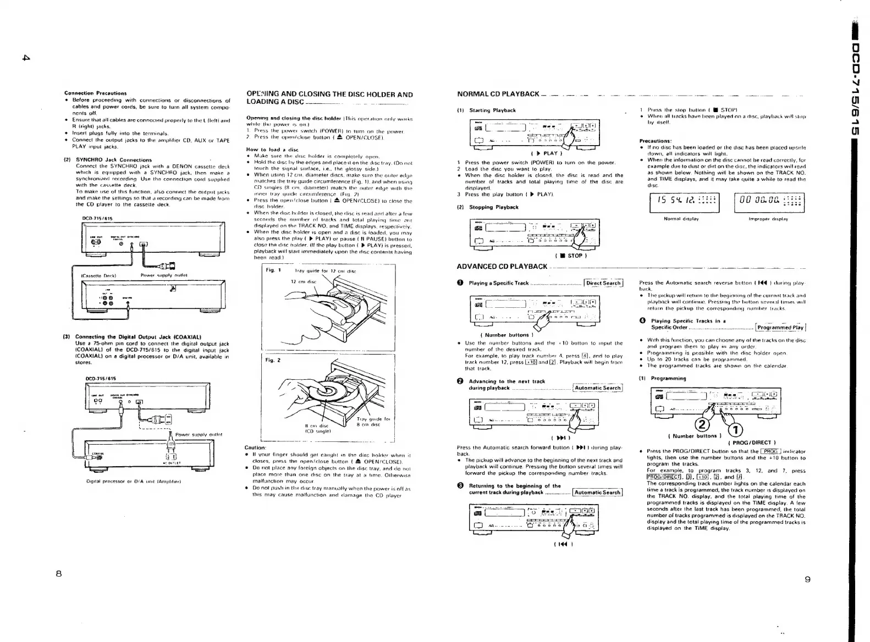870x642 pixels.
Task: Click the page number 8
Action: [x=59, y=574]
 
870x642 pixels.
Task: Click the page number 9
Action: [x=807, y=579]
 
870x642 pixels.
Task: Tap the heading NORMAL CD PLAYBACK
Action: [x=498, y=94]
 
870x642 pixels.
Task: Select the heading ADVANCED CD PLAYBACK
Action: [x=502, y=267]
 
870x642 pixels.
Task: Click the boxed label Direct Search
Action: [x=603, y=283]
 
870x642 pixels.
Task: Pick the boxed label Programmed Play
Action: [x=780, y=328]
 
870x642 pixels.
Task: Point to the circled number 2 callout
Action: [x=704, y=424]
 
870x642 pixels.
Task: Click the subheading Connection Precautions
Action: [x=95, y=93]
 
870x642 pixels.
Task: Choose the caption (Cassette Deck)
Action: [x=97, y=275]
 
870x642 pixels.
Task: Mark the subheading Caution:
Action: [x=256, y=447]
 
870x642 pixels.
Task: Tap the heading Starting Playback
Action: [x=492, y=110]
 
